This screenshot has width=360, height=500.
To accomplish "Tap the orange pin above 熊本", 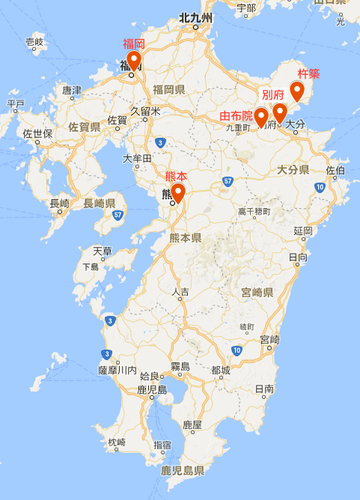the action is click(x=179, y=184).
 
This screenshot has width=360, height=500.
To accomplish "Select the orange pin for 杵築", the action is click(x=298, y=91).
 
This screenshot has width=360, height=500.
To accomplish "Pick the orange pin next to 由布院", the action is click(x=261, y=117).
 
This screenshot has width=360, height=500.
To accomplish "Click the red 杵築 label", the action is click(x=308, y=73).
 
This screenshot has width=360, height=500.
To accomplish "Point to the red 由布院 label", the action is click(x=236, y=116).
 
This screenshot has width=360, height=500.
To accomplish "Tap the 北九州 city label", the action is click(x=197, y=17).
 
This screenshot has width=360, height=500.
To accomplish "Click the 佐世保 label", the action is click(x=37, y=134).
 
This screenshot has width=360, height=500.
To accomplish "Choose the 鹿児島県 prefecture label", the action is click(x=183, y=471).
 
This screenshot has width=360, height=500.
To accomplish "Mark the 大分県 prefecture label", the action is click(x=293, y=170).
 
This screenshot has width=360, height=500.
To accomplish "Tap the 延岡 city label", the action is click(x=303, y=231).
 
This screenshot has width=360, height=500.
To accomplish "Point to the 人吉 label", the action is click(x=180, y=292).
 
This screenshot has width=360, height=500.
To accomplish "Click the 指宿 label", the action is click(x=162, y=445).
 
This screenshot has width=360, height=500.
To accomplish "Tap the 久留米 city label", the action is click(x=145, y=111).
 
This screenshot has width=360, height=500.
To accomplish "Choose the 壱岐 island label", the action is click(x=34, y=42).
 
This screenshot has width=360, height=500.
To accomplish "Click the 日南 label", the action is click(x=264, y=389).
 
